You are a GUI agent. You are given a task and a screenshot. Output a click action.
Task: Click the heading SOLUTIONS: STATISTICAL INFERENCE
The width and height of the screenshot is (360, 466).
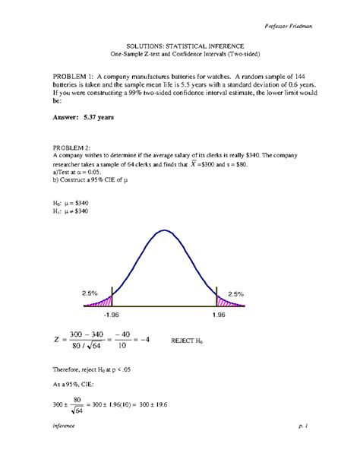180,46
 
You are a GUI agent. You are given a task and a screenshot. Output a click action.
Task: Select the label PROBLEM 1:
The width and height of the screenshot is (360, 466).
80,77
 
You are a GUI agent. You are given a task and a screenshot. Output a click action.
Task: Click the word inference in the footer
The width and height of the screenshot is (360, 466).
64,449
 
